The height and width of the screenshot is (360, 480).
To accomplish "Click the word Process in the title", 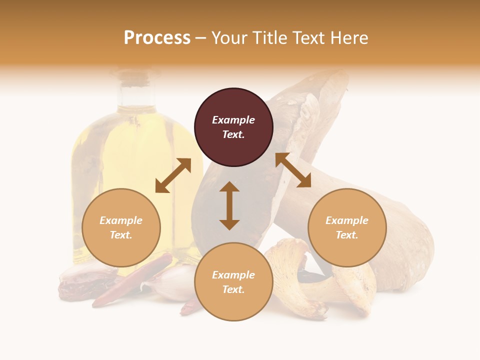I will coord(157,38).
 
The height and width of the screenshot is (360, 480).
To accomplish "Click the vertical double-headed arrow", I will coord(229,205).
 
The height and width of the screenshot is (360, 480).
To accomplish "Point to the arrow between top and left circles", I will coord(173,175).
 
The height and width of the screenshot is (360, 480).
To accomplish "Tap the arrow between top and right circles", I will coord(293,170).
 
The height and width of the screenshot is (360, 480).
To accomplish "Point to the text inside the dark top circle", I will coord(233,127).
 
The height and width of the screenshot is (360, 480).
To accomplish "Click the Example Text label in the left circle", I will coord(121,227).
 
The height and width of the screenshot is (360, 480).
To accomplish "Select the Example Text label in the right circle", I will coord(347,227).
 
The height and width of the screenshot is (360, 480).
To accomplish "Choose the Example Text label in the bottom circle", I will coord(233,282).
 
